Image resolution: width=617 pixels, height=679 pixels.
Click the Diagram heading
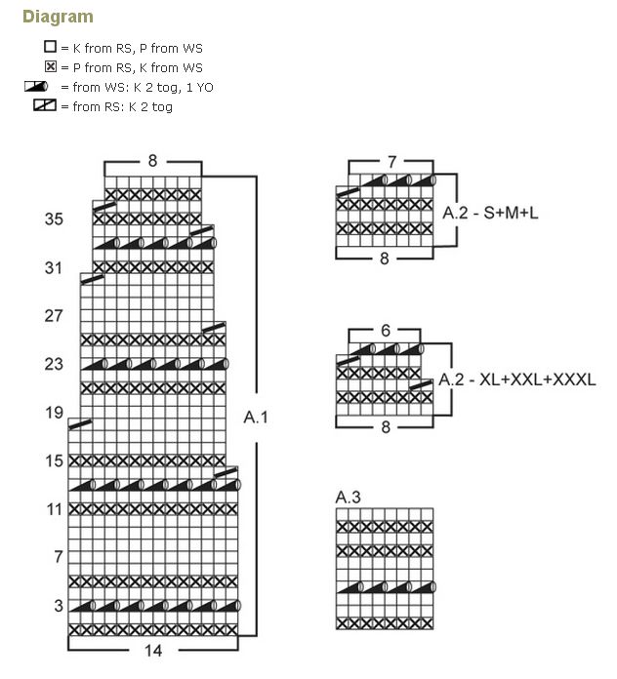click(x=58, y=17)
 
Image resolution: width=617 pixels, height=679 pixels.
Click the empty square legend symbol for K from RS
click(x=50, y=47)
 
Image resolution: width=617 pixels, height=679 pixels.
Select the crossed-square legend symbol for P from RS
click(x=50, y=67)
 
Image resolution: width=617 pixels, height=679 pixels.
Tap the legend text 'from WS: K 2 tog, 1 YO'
click(x=143, y=87)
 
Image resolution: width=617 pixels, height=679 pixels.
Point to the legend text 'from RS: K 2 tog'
click(x=122, y=106)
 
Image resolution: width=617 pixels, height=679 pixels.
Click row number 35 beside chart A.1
click(x=54, y=220)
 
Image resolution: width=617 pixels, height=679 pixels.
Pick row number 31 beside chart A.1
click(x=54, y=267)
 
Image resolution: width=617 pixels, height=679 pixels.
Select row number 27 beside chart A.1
click(x=54, y=316)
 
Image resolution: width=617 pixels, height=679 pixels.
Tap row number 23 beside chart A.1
click(x=54, y=364)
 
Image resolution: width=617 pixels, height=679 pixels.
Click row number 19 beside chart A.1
click(x=54, y=413)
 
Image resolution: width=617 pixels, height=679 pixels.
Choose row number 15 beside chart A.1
click(x=54, y=460)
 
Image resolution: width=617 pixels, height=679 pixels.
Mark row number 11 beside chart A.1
click(x=54, y=509)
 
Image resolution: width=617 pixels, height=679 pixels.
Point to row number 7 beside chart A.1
click(x=58, y=557)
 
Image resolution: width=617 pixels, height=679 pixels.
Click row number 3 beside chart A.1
click(x=58, y=606)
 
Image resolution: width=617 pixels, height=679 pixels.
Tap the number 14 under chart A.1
click(x=153, y=650)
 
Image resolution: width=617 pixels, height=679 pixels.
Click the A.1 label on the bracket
click(x=256, y=418)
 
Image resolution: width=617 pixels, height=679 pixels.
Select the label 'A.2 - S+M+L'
click(x=490, y=211)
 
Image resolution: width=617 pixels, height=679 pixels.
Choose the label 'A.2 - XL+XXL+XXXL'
click(x=517, y=379)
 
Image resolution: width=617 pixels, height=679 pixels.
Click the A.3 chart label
click(x=349, y=498)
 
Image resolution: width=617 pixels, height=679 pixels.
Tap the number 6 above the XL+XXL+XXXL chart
click(x=385, y=331)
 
